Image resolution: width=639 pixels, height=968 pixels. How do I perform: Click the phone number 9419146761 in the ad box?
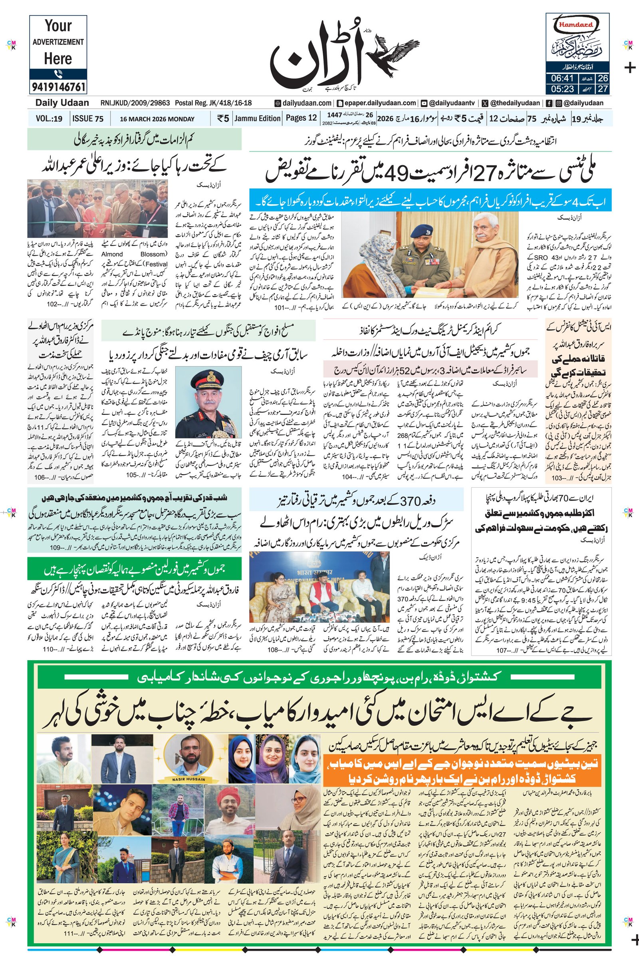coord(58,87)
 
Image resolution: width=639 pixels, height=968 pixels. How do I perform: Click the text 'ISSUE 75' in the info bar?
coord(87,119)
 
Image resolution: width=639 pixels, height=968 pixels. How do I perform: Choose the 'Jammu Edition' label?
coord(258,118)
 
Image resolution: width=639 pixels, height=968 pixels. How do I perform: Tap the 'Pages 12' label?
coord(301,118)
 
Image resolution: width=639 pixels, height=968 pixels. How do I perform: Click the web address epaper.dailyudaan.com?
coord(377,103)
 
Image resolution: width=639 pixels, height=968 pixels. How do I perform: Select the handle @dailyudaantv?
coord(451,103)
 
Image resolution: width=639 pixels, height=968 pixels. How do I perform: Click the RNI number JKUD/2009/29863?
coord(135,103)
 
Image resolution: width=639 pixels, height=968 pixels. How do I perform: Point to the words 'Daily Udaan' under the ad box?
coord(62,103)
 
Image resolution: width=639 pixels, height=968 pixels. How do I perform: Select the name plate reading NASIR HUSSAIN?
coord(189,780)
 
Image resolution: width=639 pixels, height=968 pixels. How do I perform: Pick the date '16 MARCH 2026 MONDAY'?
coord(157,119)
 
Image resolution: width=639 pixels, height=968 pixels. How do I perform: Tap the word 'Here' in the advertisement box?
coord(58,59)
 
